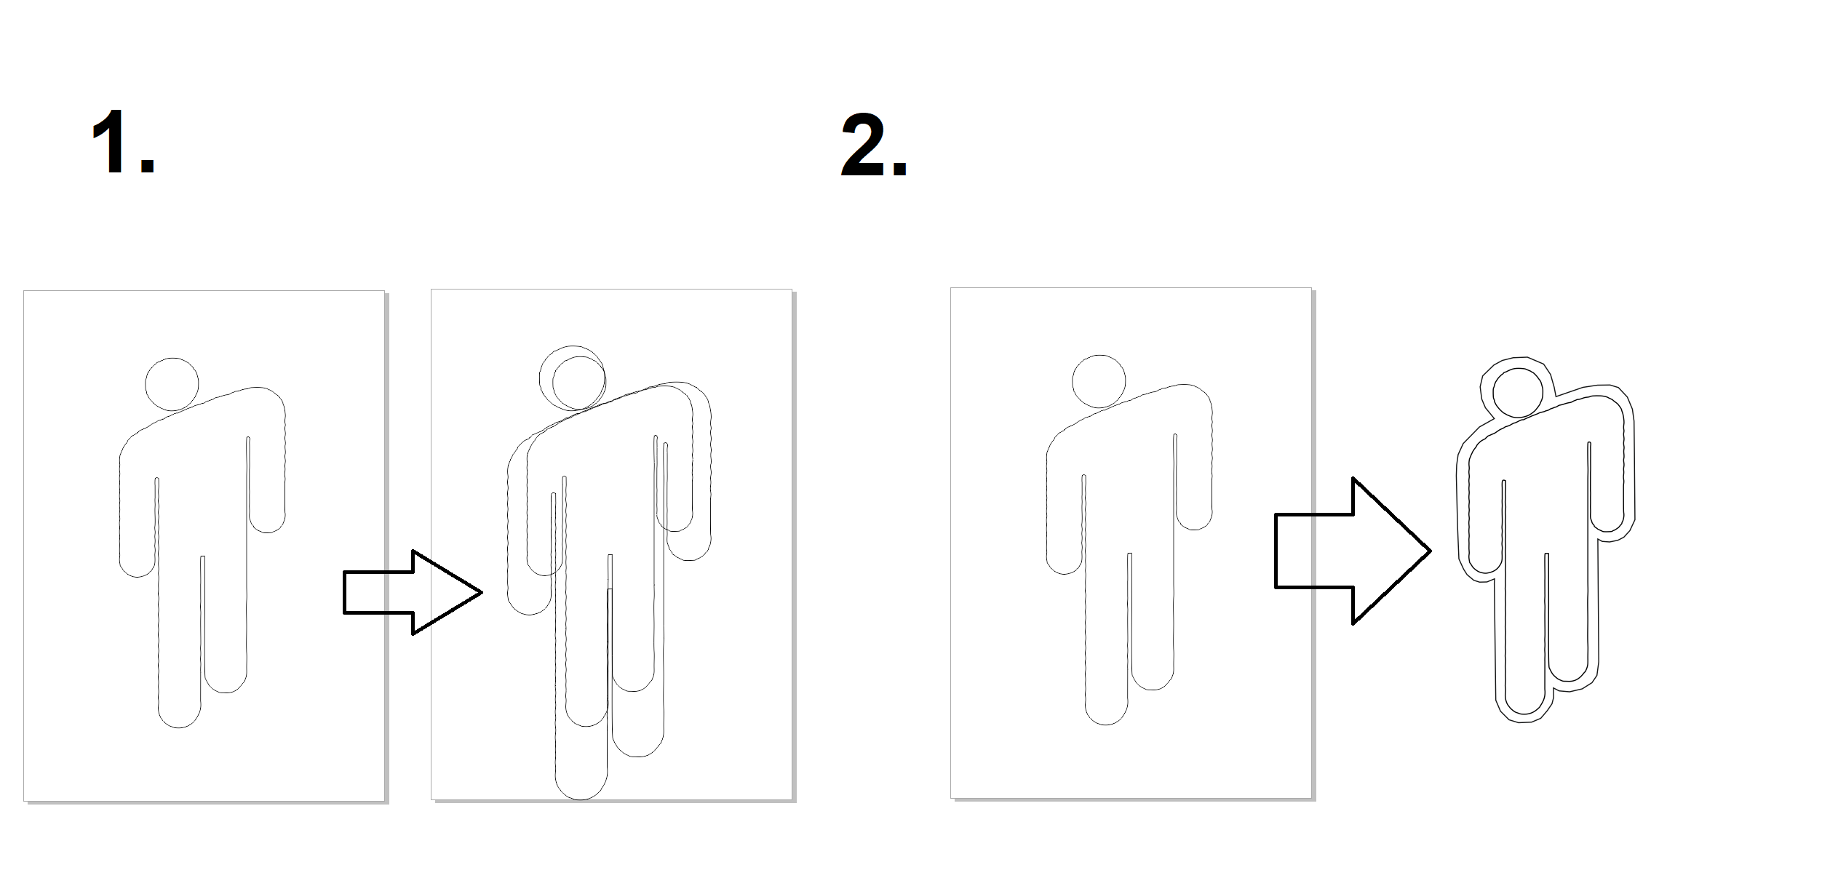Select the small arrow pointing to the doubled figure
(413, 592)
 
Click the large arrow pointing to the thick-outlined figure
(1353, 551)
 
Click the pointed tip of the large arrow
(1431, 551)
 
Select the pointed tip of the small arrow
(482, 592)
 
